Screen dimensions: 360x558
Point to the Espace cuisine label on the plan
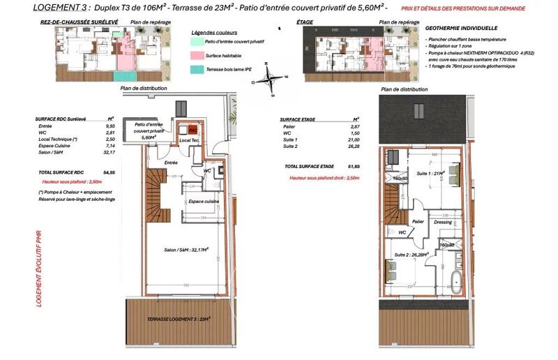tap(204, 201)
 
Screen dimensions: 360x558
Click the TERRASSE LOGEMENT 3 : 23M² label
tap(179, 319)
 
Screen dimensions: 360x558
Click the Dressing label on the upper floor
tap(443, 222)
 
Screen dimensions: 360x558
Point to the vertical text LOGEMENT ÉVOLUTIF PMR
tap(40, 269)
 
